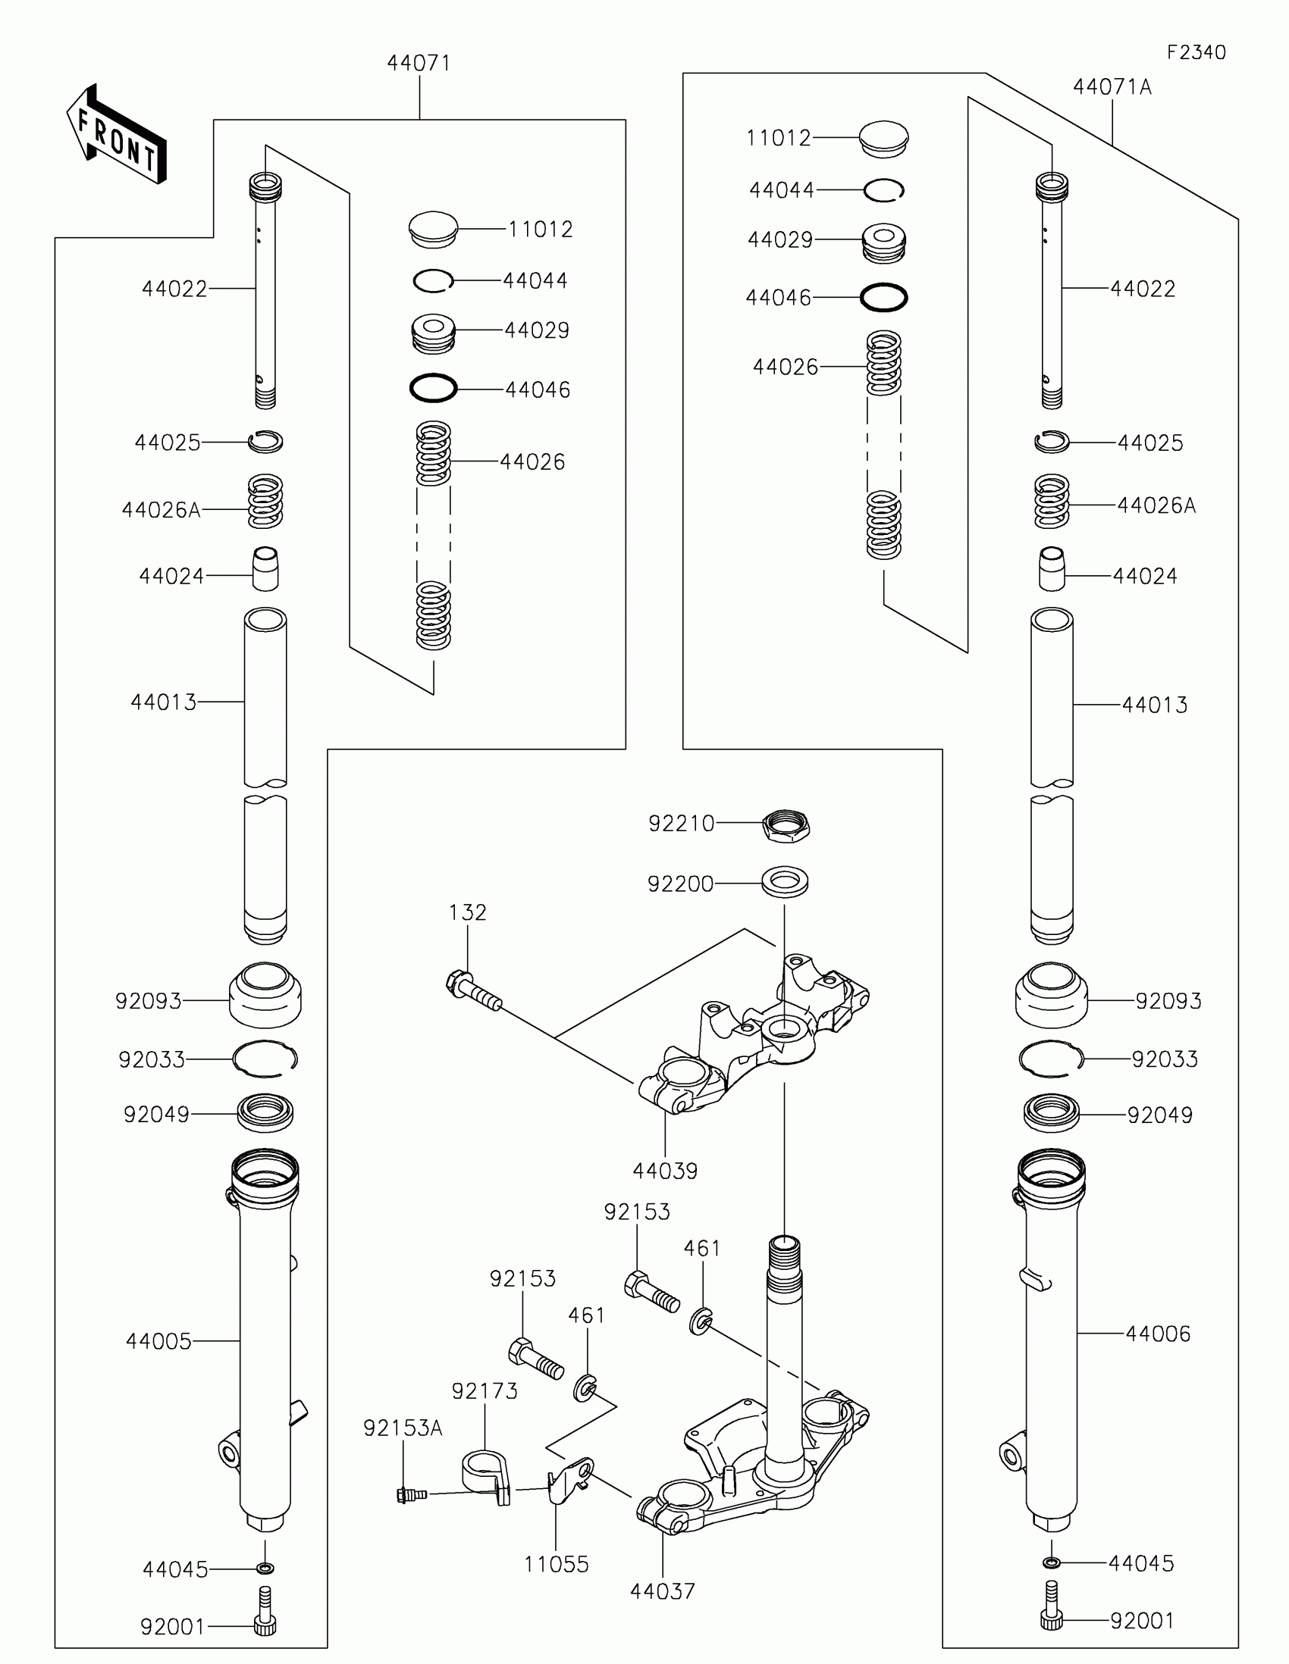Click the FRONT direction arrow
(x=116, y=136)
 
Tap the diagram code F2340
(x=1196, y=52)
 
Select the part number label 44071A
(x=1112, y=88)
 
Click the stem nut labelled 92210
(x=786, y=825)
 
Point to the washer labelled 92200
(x=785, y=881)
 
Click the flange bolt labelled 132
(x=473, y=991)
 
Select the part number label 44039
(x=665, y=1171)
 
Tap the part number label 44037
(x=663, y=1590)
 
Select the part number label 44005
(x=158, y=1341)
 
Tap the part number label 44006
(x=1158, y=1334)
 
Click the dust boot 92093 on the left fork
(x=265, y=994)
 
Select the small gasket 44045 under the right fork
(x=1051, y=1562)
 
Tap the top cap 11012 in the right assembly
(x=883, y=139)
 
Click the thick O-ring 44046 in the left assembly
(x=433, y=389)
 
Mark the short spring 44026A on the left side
(x=265, y=502)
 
